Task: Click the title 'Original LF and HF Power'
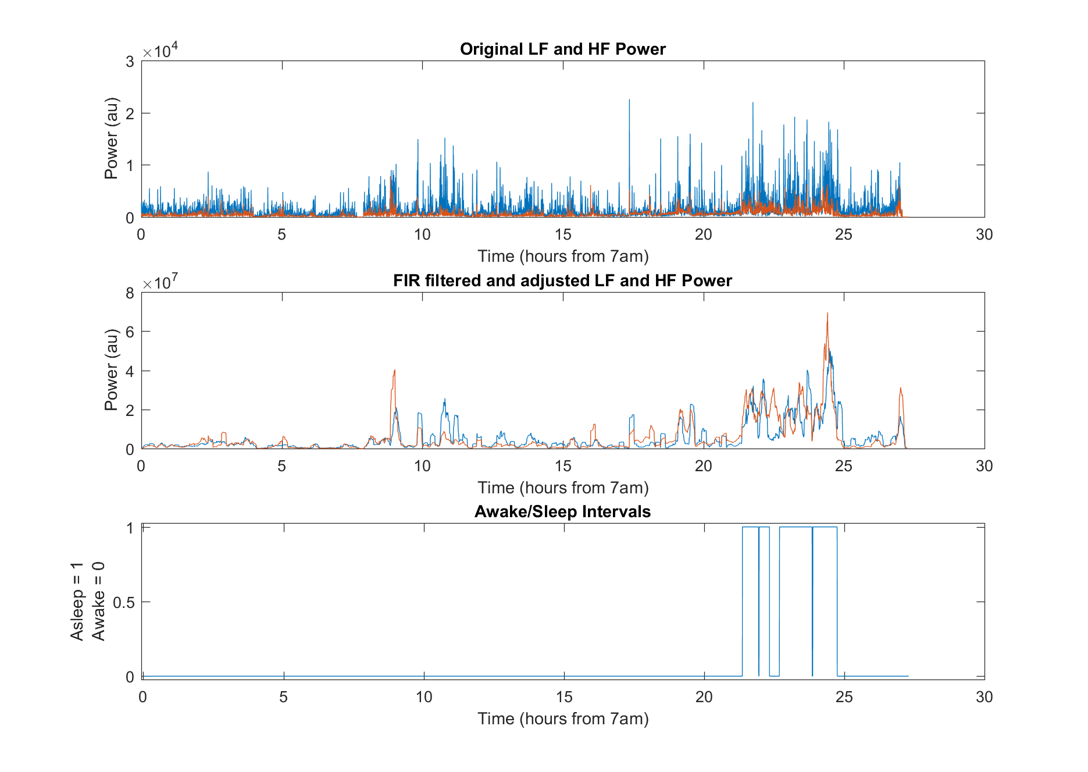[x=562, y=49]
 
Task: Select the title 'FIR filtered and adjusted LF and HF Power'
[x=562, y=280]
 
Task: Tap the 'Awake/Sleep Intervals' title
[x=562, y=511]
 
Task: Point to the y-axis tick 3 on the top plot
[x=130, y=62]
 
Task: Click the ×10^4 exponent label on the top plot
[x=160, y=51]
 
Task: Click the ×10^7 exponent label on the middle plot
[x=160, y=283]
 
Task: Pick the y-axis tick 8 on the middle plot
[x=130, y=293]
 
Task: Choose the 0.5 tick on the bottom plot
[x=123, y=602]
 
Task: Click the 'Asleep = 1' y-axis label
[x=77, y=602]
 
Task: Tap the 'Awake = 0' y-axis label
[x=98, y=602]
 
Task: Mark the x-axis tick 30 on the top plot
[x=984, y=234]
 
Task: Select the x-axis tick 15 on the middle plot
[x=563, y=466]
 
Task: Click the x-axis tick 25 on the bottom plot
[x=844, y=697]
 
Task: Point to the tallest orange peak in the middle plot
[x=827, y=314]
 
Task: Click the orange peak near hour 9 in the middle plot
[x=394, y=371]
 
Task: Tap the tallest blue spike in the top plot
[x=629, y=100]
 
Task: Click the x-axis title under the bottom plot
[x=562, y=719]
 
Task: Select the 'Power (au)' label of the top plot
[x=111, y=138]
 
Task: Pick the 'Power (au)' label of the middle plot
[x=111, y=370]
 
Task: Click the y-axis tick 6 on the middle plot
[x=130, y=332]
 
